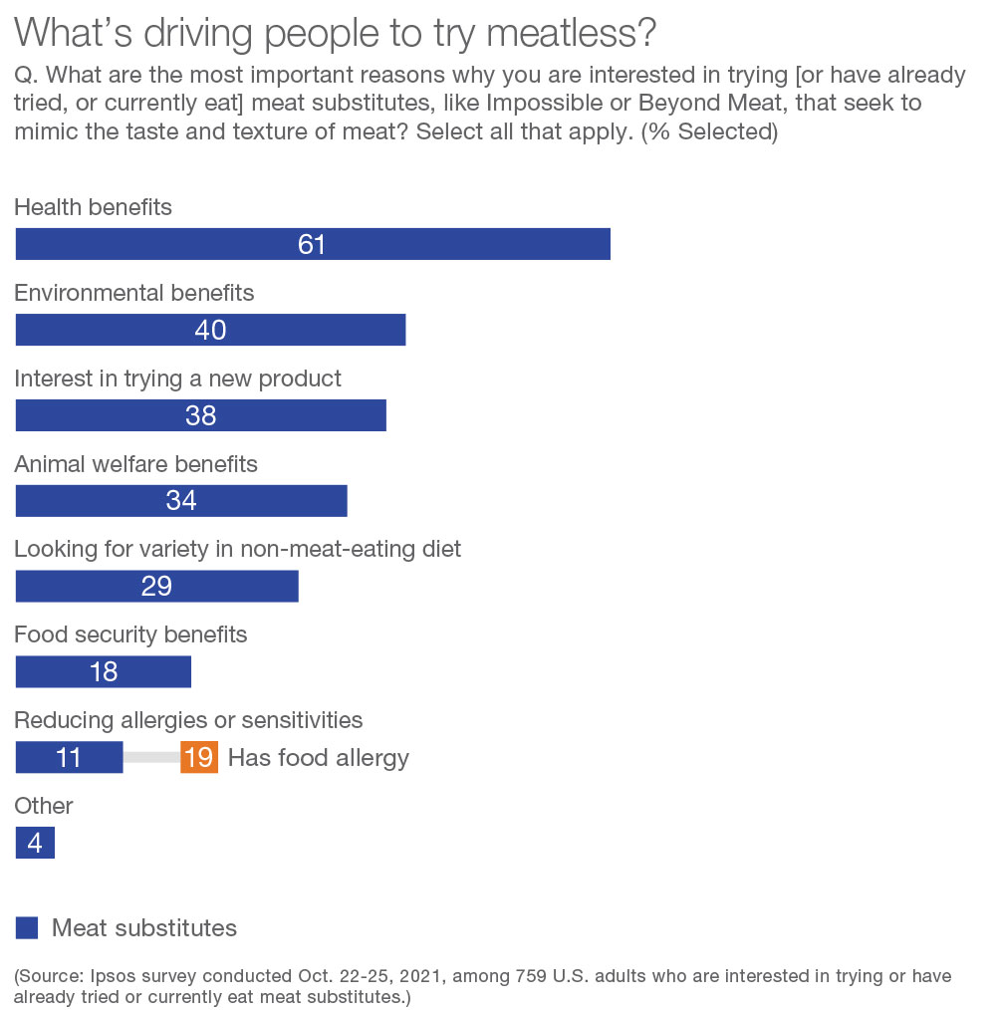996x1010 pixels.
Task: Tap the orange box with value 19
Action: [x=199, y=758]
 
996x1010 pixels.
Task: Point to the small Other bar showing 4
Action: [x=35, y=844]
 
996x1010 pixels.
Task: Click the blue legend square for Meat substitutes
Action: [x=27, y=928]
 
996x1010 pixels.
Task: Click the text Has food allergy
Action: [x=319, y=758]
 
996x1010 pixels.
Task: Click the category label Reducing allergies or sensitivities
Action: [x=188, y=719]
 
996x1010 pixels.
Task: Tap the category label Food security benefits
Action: [x=130, y=633]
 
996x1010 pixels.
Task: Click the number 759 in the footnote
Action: [x=533, y=976]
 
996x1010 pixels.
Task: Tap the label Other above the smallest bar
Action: [x=44, y=805]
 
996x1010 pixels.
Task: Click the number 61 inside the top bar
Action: [x=312, y=244]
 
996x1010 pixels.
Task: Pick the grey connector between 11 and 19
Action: [x=151, y=758]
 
